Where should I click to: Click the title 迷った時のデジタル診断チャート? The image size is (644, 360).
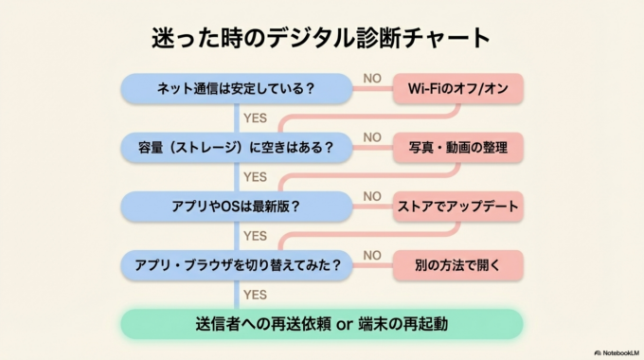pos(322,38)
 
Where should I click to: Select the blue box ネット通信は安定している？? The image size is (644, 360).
pos(236,89)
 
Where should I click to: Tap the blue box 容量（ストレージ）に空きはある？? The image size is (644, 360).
pos(236,147)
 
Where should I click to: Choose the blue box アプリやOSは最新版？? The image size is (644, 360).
pos(236,206)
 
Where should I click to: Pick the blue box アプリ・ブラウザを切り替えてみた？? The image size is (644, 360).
pos(236,264)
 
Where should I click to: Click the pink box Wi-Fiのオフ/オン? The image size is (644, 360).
pos(458,89)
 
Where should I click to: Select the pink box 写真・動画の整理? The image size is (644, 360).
pos(458,147)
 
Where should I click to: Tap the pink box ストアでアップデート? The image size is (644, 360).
pos(458,206)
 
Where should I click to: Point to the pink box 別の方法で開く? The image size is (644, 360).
pos(458,264)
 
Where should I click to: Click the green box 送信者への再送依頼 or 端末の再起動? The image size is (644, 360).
pos(322,323)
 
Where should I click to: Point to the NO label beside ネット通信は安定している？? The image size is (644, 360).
pos(372,79)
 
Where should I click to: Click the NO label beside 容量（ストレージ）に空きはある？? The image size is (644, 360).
pos(372,137)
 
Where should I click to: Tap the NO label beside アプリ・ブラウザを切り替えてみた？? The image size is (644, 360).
pos(372,255)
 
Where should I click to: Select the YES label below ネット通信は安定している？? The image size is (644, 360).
pos(255,118)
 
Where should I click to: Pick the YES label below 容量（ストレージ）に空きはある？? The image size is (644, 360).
pos(255,177)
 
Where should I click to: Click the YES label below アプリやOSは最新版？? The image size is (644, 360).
pos(255,236)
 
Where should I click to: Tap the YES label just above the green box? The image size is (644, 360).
pos(255,295)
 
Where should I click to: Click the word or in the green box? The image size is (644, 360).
pos(345,324)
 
